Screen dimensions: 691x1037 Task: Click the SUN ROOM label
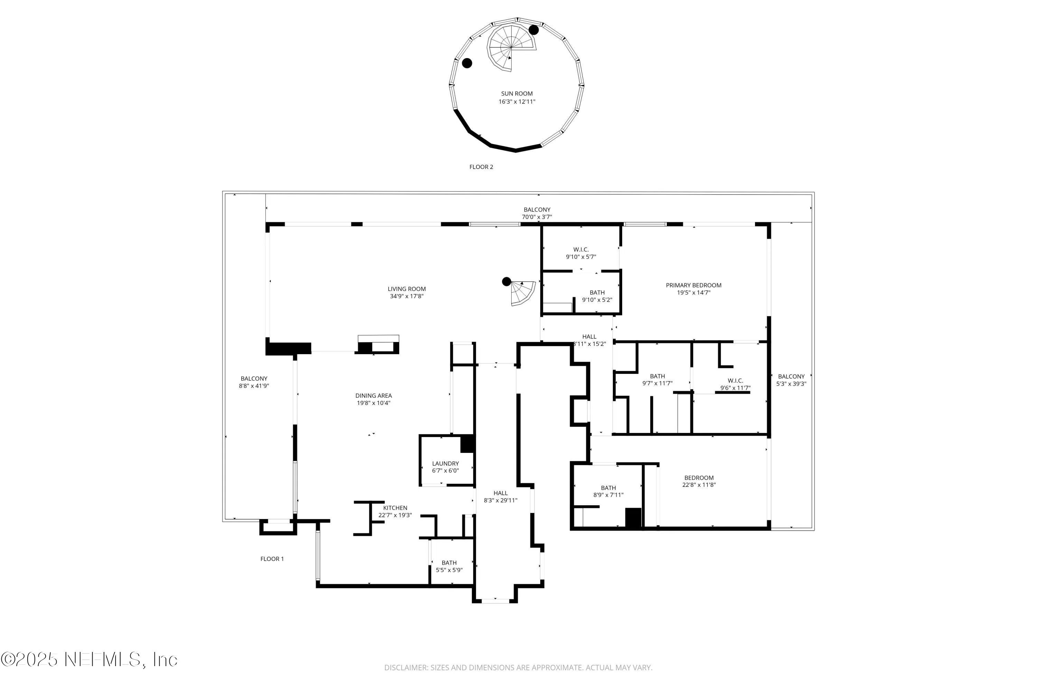click(517, 93)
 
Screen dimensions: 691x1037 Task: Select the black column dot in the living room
click(507, 281)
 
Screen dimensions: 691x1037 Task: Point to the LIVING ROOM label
click(407, 289)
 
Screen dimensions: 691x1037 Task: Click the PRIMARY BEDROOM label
click(693, 285)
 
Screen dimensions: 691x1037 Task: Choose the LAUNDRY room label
click(445, 463)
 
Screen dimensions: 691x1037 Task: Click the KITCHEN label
click(395, 508)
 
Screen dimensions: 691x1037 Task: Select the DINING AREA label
click(373, 395)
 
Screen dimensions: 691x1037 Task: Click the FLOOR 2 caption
click(481, 167)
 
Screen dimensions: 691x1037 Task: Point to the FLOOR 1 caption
click(272, 559)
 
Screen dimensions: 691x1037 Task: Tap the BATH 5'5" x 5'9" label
click(449, 566)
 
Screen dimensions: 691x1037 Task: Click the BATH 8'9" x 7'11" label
click(608, 491)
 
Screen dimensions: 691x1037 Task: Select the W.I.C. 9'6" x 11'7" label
click(735, 384)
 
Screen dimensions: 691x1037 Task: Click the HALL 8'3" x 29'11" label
click(501, 497)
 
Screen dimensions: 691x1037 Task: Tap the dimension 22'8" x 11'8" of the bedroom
click(699, 485)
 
